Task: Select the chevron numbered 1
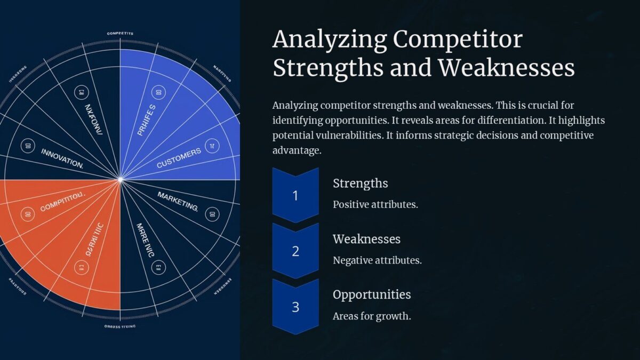(x=295, y=195)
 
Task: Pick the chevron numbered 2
(x=295, y=251)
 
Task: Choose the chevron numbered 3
(x=295, y=307)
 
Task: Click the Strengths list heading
(x=360, y=183)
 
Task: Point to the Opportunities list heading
(x=372, y=294)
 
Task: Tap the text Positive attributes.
(x=375, y=204)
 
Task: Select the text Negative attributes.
(x=377, y=260)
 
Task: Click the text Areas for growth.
(x=372, y=316)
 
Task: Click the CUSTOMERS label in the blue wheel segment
(x=179, y=158)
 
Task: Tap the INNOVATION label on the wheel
(x=62, y=158)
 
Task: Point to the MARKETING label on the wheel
(x=178, y=201)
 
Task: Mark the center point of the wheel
(x=120, y=180)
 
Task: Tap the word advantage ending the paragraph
(x=296, y=150)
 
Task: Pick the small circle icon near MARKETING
(x=211, y=214)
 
